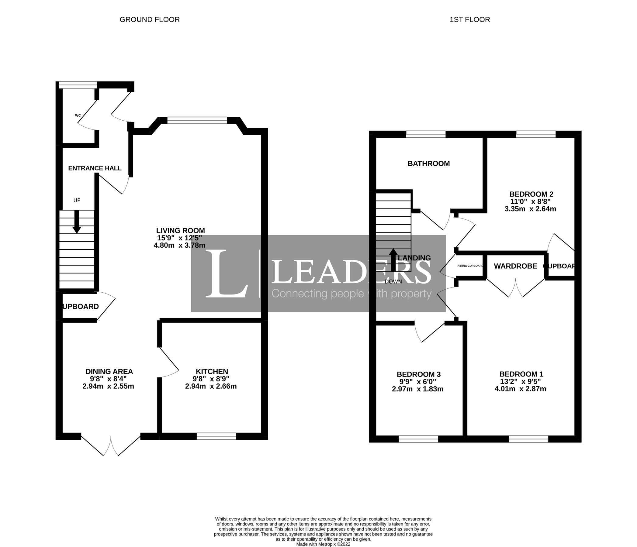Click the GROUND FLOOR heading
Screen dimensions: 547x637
149,20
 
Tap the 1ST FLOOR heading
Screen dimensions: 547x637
469,20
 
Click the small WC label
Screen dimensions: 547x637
78,115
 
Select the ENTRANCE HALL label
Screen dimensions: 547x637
95,168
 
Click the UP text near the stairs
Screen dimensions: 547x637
77,200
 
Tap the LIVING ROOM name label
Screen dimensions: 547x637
180,230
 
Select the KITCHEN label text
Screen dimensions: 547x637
212,372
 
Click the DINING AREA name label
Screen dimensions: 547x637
109,372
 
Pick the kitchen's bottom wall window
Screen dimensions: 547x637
216,436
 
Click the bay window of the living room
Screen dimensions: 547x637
197,120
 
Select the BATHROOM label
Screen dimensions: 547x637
428,163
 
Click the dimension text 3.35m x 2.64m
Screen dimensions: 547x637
530,209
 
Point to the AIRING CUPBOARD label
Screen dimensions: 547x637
470,266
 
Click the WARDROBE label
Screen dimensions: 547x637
515,266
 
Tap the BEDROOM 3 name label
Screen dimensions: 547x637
418,374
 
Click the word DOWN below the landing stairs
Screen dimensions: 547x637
393,281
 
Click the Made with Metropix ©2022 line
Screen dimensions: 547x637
323,544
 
